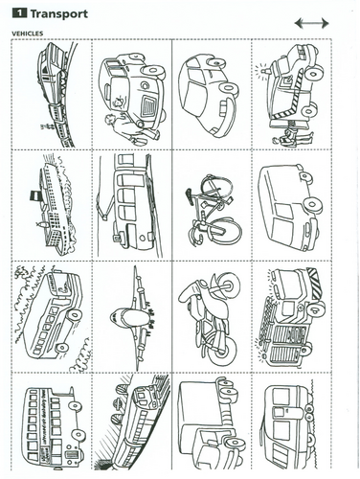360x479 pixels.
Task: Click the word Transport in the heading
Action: point(58,14)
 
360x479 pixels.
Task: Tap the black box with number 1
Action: point(19,13)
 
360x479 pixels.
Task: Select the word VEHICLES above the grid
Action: point(28,34)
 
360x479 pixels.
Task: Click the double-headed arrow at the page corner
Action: point(311,23)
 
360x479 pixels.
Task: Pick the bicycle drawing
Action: point(213,210)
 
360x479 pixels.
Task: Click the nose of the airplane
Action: point(119,317)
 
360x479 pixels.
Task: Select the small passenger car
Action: point(209,95)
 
